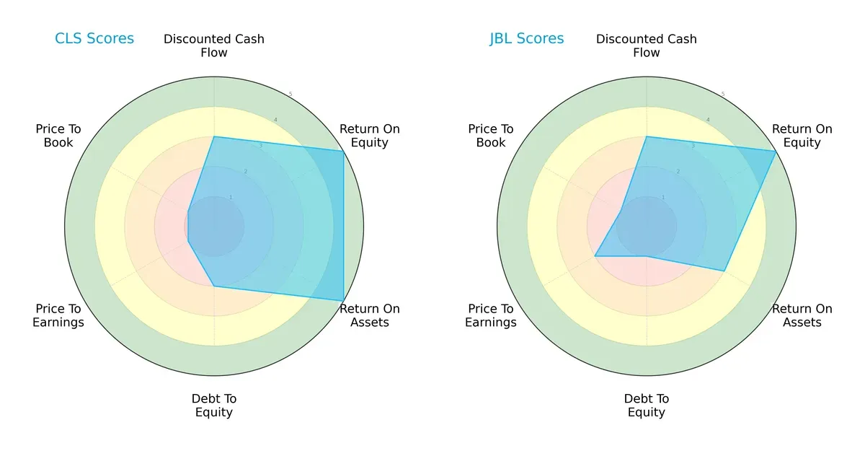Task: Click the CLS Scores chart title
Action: point(94,39)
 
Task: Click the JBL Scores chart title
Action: point(527,39)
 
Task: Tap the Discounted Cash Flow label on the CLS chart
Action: point(214,45)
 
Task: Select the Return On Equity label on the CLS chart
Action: point(370,136)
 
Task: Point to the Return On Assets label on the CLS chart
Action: point(370,315)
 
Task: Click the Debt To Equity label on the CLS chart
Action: point(214,406)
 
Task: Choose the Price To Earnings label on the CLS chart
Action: point(58,315)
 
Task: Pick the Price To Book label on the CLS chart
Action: point(58,136)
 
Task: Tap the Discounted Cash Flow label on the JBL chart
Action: point(647,45)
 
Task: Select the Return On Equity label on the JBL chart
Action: point(802,136)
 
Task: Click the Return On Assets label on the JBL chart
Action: point(802,315)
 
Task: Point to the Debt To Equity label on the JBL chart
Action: point(647,406)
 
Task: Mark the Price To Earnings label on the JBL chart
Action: point(491,315)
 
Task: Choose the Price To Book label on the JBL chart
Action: point(491,136)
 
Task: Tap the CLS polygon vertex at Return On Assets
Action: point(343,301)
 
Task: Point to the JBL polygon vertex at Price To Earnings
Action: point(595,256)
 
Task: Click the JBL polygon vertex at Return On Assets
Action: point(724,271)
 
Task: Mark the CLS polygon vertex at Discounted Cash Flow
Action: point(214,136)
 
